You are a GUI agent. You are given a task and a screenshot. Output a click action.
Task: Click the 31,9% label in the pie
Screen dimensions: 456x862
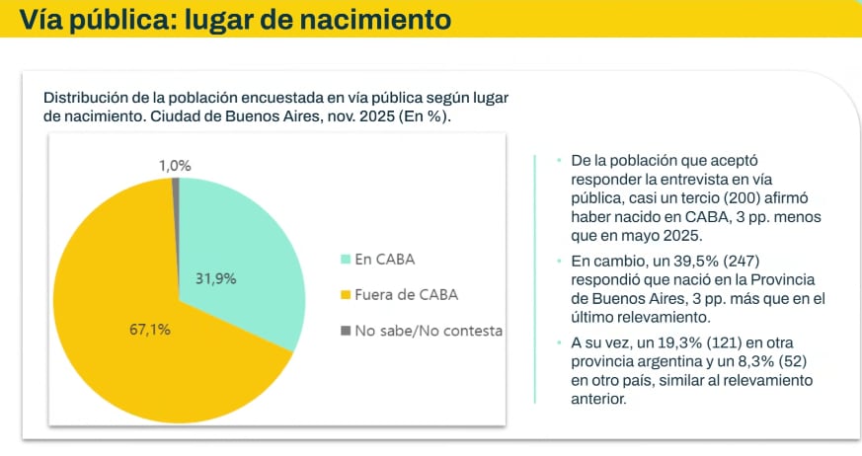pyautogui.click(x=216, y=278)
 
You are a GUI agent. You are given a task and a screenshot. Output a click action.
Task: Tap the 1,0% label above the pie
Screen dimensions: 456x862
pyautogui.click(x=175, y=166)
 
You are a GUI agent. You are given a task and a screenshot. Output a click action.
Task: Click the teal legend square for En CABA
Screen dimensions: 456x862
pyautogui.click(x=346, y=260)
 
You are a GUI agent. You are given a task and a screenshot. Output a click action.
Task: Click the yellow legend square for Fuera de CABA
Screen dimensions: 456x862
pyautogui.click(x=346, y=294)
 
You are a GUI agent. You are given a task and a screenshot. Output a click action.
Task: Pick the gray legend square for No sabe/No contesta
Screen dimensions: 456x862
pyautogui.click(x=346, y=330)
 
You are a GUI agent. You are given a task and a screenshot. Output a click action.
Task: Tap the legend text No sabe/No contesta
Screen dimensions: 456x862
pyautogui.click(x=429, y=330)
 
